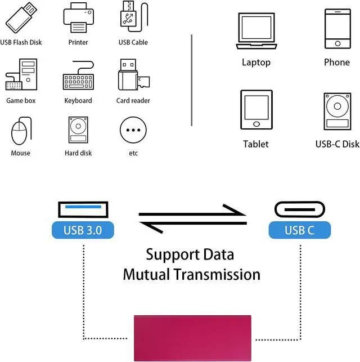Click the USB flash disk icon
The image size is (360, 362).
pyautogui.click(x=21, y=17)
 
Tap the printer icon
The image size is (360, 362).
pyautogui.click(x=78, y=17)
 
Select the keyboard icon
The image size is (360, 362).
pyautogui.click(x=78, y=75)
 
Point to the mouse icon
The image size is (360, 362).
pyautogui.click(x=21, y=131)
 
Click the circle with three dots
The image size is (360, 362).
pyautogui.click(x=133, y=130)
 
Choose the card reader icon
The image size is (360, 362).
pyautogui.click(x=134, y=74)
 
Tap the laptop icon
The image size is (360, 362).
pyautogui.click(x=256, y=31)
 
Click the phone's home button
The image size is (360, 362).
pyautogui.click(x=337, y=43)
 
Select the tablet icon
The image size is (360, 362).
pyautogui.click(x=256, y=110)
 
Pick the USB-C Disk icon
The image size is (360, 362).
pyautogui.click(x=337, y=111)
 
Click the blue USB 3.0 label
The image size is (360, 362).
pyautogui.click(x=83, y=230)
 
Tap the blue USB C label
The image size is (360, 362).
pyautogui.click(x=300, y=230)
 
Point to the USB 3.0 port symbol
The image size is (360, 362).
pyautogui.click(x=83, y=209)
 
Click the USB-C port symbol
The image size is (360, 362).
pyautogui.click(x=300, y=209)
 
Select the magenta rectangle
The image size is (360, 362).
pyautogui.click(x=192, y=338)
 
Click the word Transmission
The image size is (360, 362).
pyautogui.click(x=217, y=274)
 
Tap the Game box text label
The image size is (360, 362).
pyautogui.click(x=21, y=101)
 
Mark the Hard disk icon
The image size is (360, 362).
pyautogui.click(x=78, y=129)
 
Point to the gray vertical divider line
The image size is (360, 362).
pyautogui.click(x=192, y=81)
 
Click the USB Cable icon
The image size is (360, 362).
pyautogui.click(x=134, y=17)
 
